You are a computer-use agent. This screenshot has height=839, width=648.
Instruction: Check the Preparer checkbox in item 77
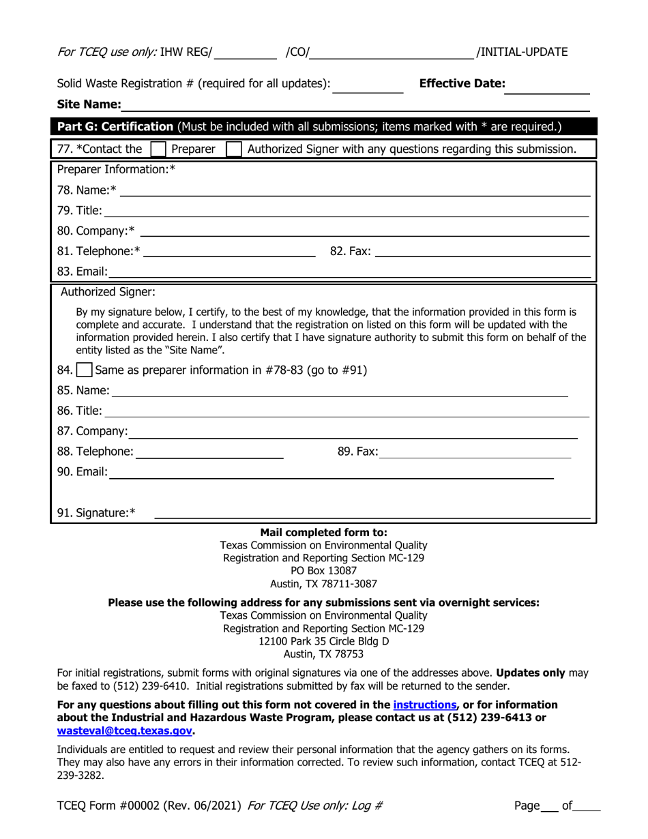point(158,149)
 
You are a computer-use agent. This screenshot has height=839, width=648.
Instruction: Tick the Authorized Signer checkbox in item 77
point(233,149)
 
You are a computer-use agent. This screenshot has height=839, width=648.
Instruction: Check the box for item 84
point(84,370)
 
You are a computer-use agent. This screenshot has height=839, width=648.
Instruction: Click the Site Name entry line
point(355,105)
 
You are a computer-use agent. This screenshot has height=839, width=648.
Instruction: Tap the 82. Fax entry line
point(482,252)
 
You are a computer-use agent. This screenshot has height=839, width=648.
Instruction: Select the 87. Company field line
point(353,432)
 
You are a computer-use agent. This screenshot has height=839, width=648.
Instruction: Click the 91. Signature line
point(372,514)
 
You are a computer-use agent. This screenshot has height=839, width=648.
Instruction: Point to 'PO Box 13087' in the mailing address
point(323,570)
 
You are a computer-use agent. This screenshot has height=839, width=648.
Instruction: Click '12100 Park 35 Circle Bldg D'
point(323,641)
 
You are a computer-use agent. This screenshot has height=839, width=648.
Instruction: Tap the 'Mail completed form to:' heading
point(323,532)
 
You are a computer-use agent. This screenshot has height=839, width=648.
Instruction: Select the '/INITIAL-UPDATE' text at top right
point(522,52)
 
